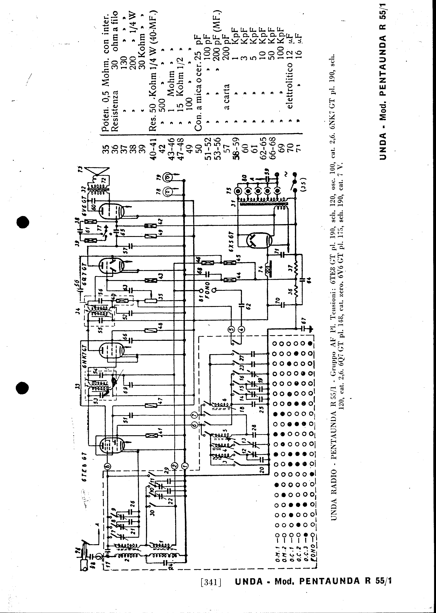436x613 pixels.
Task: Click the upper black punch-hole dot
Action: [23, 222]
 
